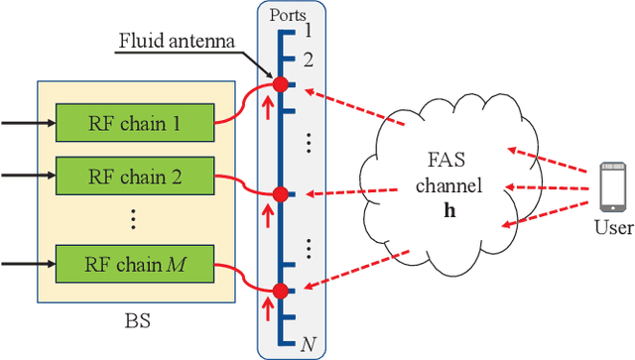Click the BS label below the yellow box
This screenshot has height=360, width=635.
pos(138,321)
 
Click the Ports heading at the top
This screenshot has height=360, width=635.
pos(288,15)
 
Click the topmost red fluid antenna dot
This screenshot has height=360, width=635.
pos(281,85)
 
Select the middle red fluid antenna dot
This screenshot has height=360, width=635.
pos(281,193)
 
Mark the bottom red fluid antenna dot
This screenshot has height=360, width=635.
pos(281,291)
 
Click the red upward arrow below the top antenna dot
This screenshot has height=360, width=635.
pos(267,104)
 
